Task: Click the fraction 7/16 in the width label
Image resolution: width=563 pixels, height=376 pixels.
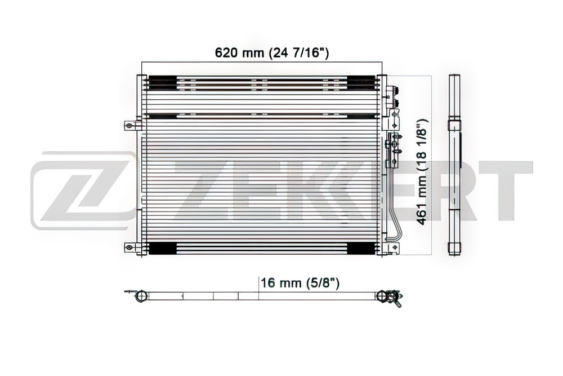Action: pyautogui.click(x=303, y=53)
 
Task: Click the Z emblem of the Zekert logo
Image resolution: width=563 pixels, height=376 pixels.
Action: pyautogui.click(x=83, y=190)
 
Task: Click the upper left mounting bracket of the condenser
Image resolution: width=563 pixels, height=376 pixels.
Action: pyautogui.click(x=131, y=126)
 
